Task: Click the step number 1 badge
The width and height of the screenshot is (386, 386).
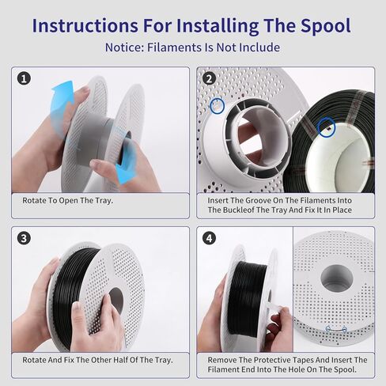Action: [24, 78]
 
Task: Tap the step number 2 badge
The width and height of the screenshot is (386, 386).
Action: [210, 78]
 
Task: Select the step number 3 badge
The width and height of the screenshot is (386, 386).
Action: [24, 238]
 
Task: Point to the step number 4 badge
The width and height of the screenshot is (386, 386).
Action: [210, 238]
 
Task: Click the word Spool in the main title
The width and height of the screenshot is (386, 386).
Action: [326, 26]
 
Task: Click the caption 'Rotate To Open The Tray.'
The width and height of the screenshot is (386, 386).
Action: [67, 201]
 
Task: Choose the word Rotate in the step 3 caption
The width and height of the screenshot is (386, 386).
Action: [36, 360]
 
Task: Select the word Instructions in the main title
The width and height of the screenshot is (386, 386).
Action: [85, 26]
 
